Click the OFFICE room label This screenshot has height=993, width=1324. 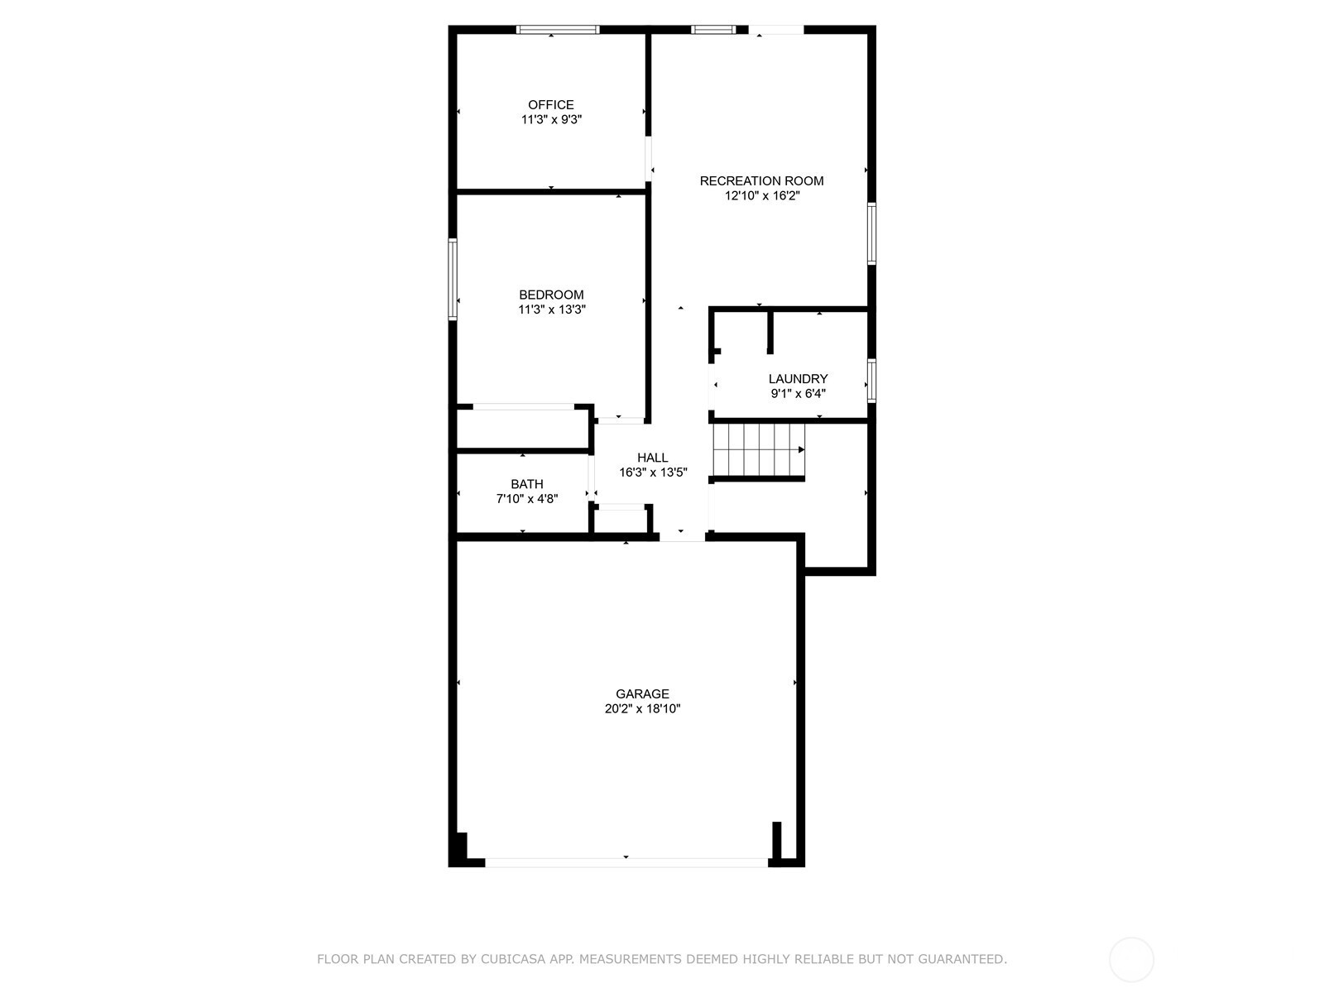tap(551, 105)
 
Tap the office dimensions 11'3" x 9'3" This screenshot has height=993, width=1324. tap(551, 119)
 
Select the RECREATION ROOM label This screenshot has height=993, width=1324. tap(761, 181)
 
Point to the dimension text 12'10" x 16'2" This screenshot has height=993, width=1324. tap(762, 195)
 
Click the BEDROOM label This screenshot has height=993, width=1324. tap(551, 295)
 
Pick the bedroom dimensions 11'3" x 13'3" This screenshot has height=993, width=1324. tap(552, 309)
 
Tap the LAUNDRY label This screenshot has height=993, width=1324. tap(798, 379)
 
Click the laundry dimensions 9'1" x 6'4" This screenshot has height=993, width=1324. tap(798, 394)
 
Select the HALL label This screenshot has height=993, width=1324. tap(653, 458)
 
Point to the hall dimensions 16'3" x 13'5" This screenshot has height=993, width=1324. tap(653, 472)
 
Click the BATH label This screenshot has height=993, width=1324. tap(526, 484)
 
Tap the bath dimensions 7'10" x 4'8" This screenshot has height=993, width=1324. tap(526, 499)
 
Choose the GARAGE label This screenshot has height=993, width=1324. tap(642, 694)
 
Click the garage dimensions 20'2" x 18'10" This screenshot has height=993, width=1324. tap(642, 708)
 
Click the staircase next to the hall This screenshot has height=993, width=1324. tap(759, 450)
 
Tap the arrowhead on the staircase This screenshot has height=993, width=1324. tap(802, 450)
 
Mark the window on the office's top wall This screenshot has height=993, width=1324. tap(558, 30)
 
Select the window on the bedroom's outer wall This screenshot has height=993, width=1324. tap(453, 279)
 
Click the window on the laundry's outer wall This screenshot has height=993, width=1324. tap(871, 381)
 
